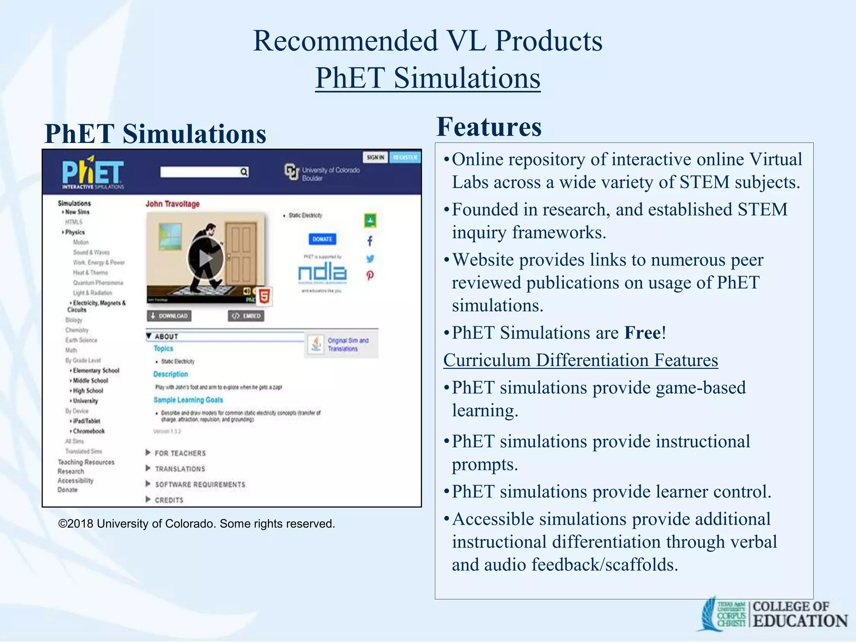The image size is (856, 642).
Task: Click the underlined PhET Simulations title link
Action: pos(428,78)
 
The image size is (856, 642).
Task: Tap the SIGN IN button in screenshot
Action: pos(375,157)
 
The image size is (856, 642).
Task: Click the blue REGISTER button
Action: pos(405,157)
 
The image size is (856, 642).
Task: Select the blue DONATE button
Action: pos(322,239)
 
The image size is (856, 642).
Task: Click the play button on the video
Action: pos(205,258)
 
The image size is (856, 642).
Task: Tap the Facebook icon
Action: pos(369,241)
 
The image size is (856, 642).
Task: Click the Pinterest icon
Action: pos(370,275)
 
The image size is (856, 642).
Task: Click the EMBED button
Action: pos(246,316)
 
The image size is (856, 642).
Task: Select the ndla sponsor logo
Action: pos(322,273)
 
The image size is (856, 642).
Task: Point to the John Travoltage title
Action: pos(172,204)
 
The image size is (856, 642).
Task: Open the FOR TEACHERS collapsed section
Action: pos(180,453)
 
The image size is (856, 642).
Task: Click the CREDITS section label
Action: pos(169,500)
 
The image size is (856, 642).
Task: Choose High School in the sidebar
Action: pos(88,390)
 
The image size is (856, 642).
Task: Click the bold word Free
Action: pos(643,333)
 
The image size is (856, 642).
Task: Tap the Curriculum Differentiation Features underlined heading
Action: pos(581,360)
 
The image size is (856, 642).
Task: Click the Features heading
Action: pos(489,127)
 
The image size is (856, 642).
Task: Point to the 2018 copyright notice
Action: pos(196,524)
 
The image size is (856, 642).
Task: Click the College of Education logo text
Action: pos(800,614)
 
